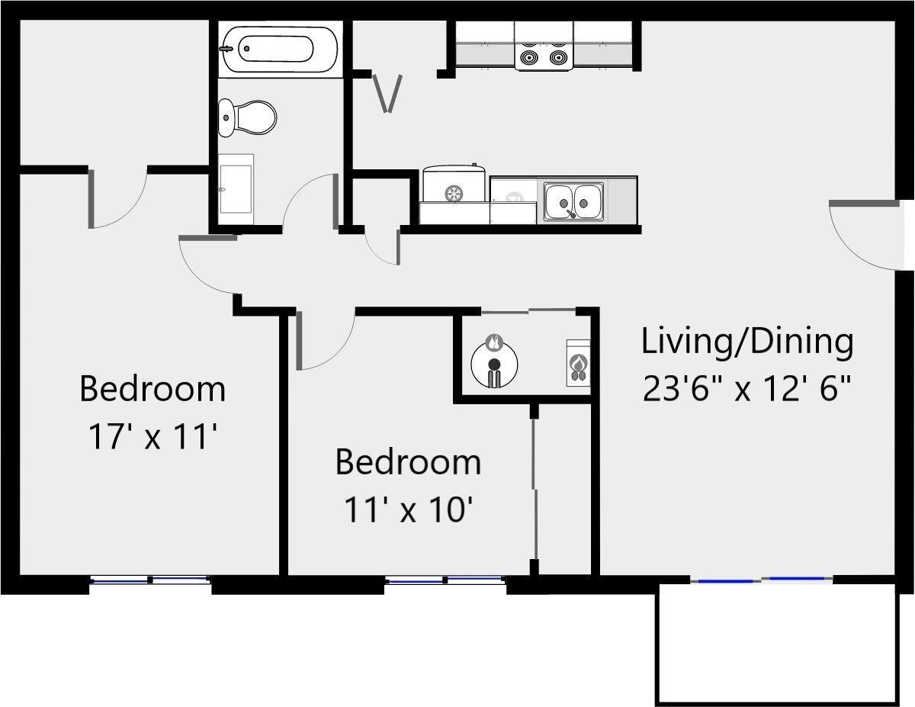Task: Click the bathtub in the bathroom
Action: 279,48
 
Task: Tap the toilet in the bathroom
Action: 247,118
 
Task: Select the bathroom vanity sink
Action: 236,189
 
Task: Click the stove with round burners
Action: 543,47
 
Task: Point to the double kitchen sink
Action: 573,202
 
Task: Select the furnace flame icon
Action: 578,363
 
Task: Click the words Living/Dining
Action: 747,342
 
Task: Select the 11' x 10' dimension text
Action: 408,509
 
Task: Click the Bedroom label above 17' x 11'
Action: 152,389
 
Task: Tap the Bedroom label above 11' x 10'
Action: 408,462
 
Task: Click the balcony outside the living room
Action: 778,644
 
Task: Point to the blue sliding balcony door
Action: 761,580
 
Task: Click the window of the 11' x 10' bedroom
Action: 445,580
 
